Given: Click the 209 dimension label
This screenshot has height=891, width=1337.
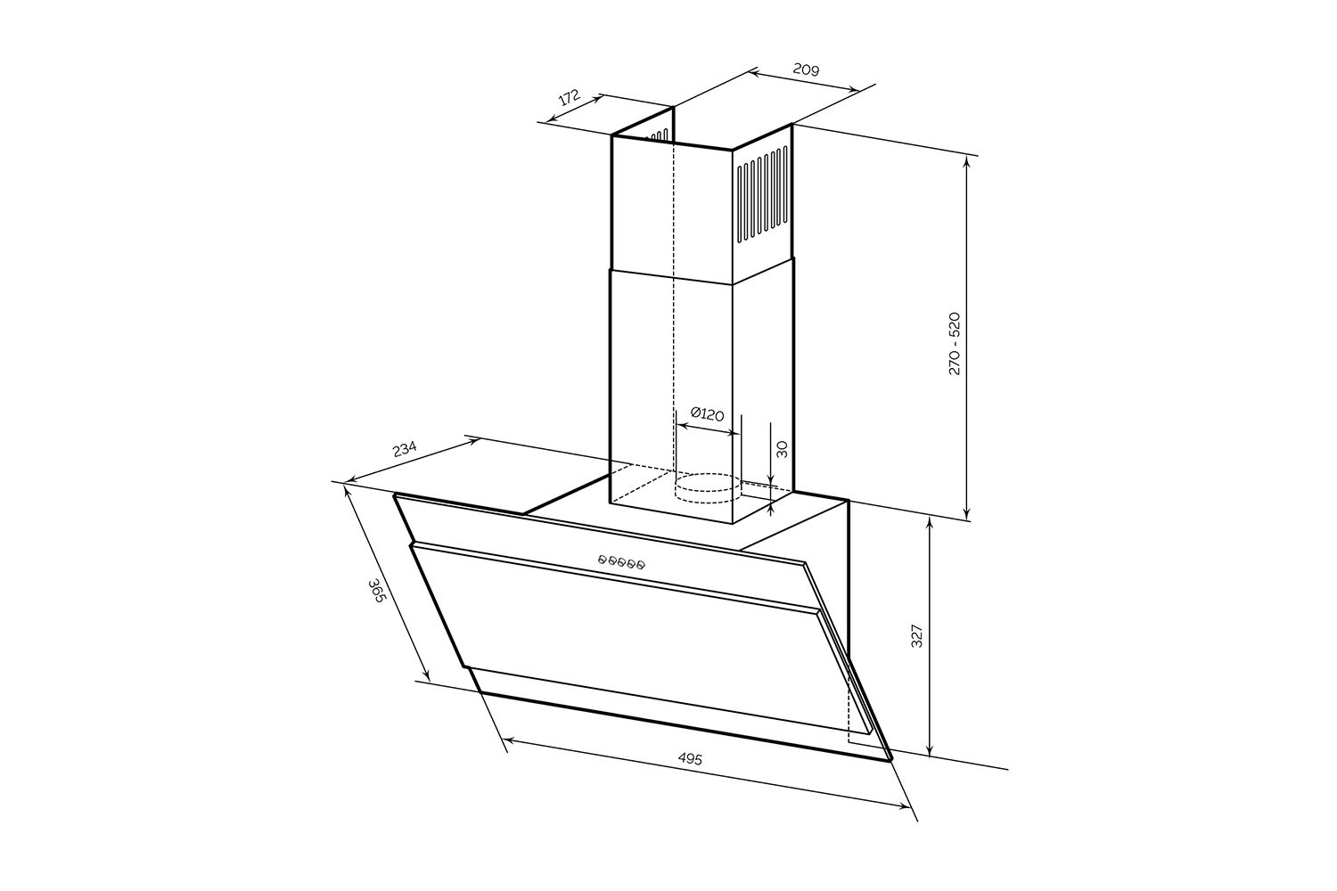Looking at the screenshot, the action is click(x=806, y=69).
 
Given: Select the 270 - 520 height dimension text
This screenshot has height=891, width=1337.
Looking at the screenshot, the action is click(x=955, y=343).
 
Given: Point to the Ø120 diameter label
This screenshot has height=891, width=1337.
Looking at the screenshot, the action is click(x=707, y=413).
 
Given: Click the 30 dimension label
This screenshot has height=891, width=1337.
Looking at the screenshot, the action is click(x=783, y=449).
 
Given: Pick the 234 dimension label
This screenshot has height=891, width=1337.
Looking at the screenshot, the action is click(x=404, y=448).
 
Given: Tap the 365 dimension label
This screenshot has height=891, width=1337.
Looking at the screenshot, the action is click(x=375, y=591).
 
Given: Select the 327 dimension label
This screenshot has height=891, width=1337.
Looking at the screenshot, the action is click(x=918, y=635).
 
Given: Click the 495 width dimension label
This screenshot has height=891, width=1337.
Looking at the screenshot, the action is click(x=690, y=759).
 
